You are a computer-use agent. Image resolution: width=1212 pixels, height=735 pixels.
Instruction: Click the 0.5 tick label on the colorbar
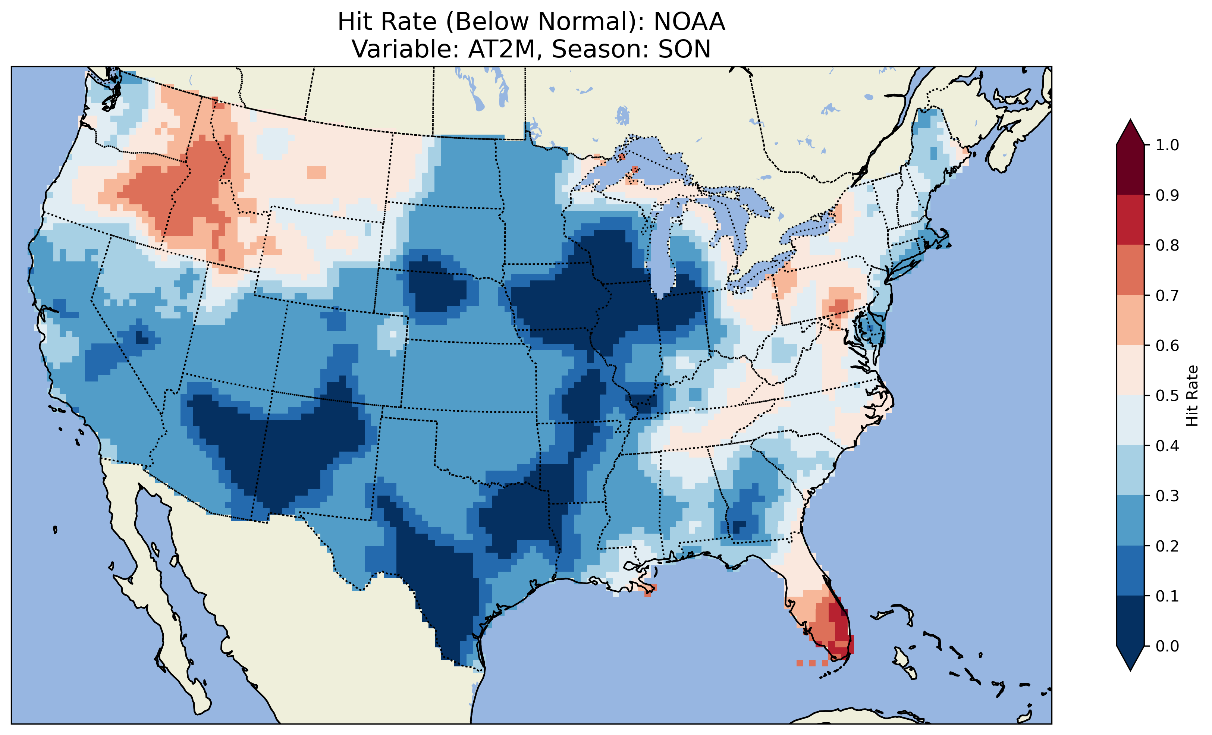1167,396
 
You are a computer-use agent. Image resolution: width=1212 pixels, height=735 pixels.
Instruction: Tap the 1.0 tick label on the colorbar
1167,145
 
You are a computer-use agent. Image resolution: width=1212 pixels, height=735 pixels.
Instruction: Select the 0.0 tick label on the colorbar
1167,646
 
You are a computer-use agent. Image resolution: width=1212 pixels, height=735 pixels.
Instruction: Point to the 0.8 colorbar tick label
1167,245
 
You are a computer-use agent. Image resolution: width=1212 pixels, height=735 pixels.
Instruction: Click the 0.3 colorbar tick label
1167,496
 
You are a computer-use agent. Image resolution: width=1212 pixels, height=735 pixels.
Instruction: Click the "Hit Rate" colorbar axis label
1192,396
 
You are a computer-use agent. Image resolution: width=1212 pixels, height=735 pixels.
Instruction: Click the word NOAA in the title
689,22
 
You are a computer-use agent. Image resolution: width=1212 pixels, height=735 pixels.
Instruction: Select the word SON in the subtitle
684,49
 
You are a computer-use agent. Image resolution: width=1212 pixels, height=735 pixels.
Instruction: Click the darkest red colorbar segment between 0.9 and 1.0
1130,170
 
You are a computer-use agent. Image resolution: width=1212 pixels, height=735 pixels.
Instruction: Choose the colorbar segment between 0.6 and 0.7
1130,320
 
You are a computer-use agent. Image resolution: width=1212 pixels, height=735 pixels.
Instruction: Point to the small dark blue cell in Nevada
142,338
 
